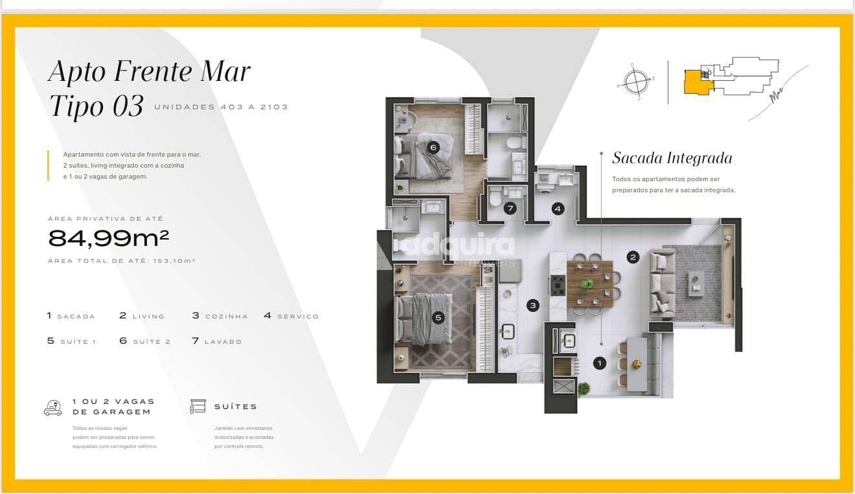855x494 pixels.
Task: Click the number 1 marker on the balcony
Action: point(600,363)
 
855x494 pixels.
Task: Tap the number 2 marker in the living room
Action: point(633,257)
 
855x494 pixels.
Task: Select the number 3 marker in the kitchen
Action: point(532,305)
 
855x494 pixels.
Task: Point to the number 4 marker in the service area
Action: point(558,208)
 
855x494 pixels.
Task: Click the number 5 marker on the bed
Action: point(439,317)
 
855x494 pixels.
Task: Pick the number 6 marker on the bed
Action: point(433,148)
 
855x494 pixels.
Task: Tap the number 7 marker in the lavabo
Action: point(510,208)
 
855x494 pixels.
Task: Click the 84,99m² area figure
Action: point(109,239)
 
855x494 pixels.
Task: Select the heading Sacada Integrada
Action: point(672,158)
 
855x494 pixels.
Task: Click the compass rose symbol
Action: point(636,82)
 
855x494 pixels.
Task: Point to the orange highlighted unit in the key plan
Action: point(696,83)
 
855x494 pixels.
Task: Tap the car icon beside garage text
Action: point(53,408)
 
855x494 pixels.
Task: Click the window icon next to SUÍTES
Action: point(198,407)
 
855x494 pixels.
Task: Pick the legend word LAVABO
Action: point(223,342)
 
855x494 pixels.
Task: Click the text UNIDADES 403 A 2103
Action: point(221,107)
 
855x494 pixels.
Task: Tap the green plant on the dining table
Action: point(587,284)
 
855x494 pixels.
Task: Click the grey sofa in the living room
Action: point(662,286)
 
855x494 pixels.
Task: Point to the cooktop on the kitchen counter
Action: point(557,284)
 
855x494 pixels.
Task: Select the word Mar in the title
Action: point(225,71)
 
